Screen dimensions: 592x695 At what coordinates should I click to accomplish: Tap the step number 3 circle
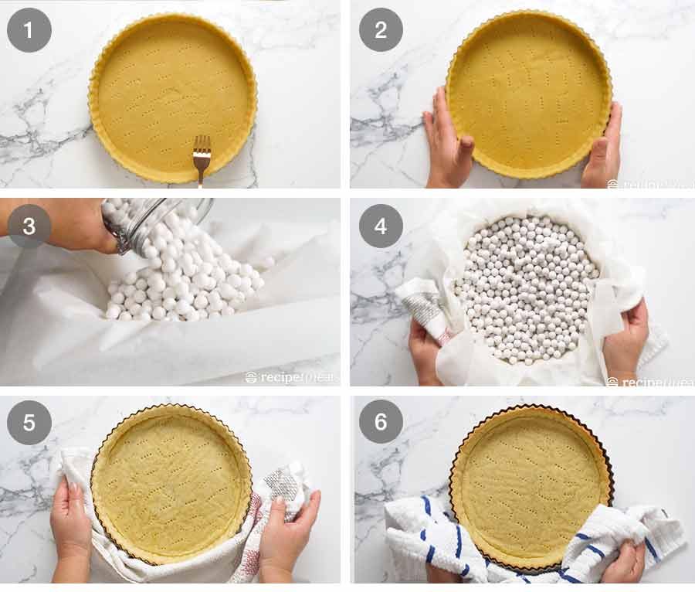(x=29, y=226)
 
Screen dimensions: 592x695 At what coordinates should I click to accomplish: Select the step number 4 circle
(x=381, y=226)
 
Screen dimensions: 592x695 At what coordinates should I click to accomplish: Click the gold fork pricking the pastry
(x=202, y=157)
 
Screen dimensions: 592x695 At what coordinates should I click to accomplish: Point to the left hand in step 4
(x=425, y=352)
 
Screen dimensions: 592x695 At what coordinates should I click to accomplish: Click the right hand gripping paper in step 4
(x=625, y=340)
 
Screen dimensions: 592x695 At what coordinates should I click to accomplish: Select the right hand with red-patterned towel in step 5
(x=286, y=533)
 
